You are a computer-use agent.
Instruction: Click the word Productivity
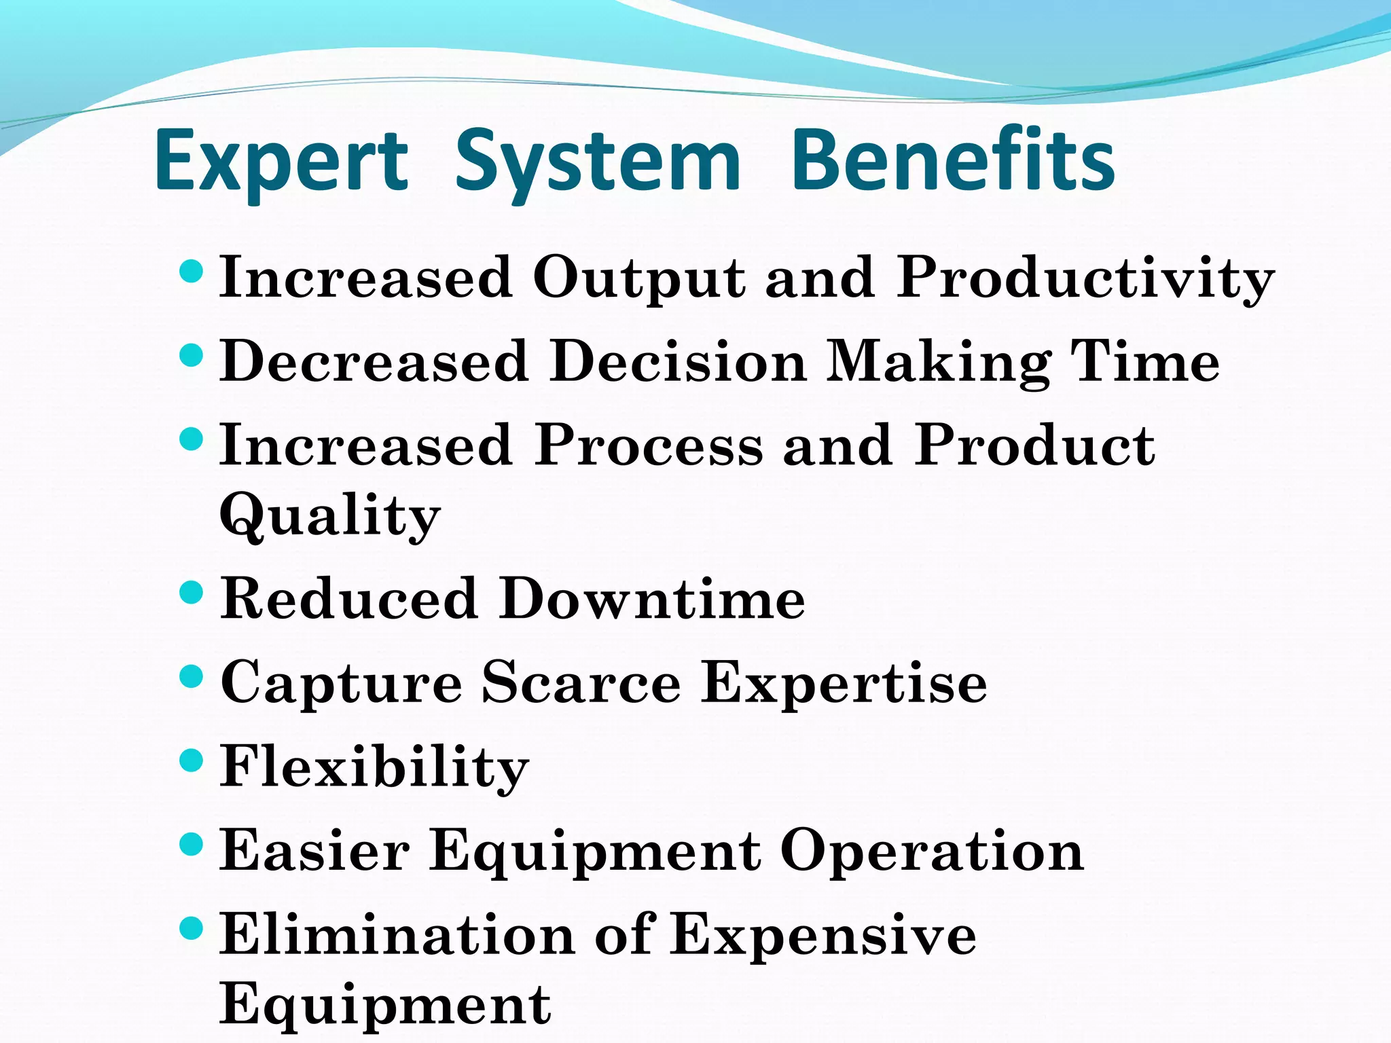coord(1085,278)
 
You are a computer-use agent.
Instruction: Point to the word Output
coord(639,278)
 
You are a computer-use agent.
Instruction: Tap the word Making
coord(938,362)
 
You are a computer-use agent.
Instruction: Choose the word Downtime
coord(652,599)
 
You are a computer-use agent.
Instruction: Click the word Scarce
coord(581,683)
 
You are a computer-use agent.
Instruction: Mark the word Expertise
coord(844,683)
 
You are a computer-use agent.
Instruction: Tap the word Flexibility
coord(374,767)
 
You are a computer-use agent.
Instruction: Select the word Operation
coord(932,852)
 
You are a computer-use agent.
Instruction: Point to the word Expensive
coord(823,936)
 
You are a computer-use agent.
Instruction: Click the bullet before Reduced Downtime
coord(192,593)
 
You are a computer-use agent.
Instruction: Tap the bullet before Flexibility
coord(192,761)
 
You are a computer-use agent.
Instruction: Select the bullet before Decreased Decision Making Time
coord(192,355)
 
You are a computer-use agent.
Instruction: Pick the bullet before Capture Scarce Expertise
coord(192,676)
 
